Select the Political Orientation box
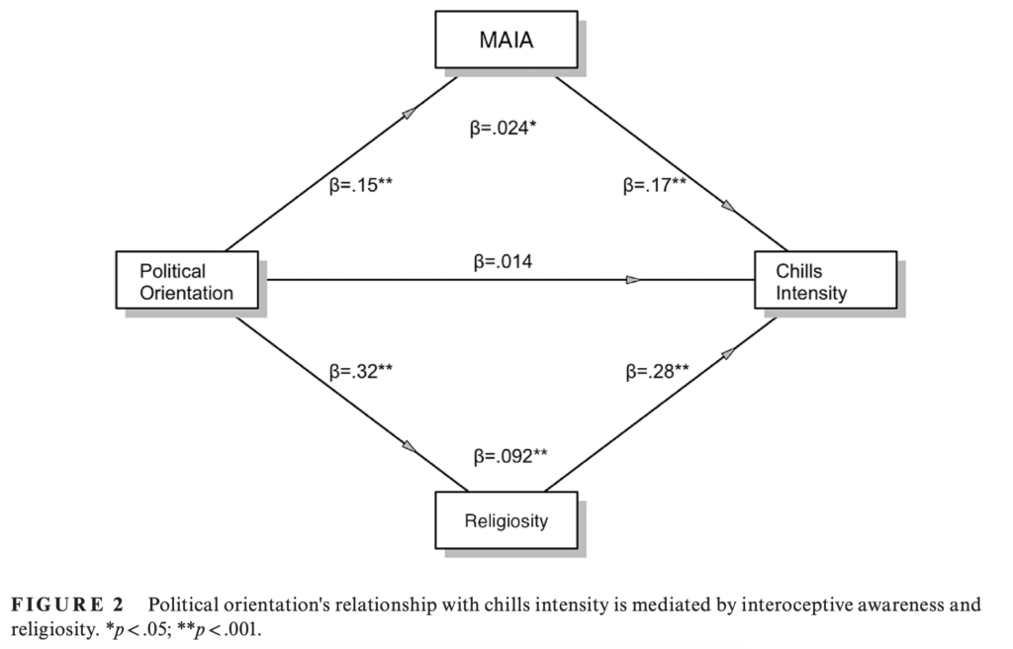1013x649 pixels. pyautogui.click(x=186, y=281)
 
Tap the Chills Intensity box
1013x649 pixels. pyautogui.click(x=825, y=281)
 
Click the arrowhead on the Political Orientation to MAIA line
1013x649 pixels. pyautogui.click(x=405, y=117)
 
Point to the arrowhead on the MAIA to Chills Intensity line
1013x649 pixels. pyautogui.click(x=728, y=206)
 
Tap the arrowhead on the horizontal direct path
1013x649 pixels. pyautogui.click(x=632, y=280)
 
